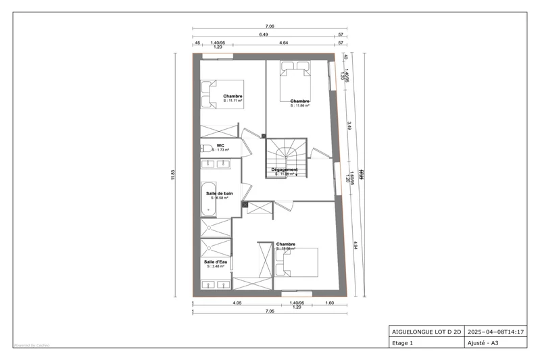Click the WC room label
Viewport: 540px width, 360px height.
tap(220, 146)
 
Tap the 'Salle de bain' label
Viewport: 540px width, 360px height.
tap(220, 193)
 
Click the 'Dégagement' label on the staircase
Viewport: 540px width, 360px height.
tap(285, 170)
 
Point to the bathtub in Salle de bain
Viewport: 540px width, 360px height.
tap(208, 199)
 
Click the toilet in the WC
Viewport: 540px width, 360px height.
tap(205, 148)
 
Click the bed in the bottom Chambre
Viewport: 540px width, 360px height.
tap(297, 261)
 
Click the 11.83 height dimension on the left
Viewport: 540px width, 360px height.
tap(174, 174)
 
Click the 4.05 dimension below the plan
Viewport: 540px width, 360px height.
tap(237, 303)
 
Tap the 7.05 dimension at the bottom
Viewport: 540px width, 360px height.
tap(270, 311)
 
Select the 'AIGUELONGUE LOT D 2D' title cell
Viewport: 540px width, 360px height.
tap(427, 332)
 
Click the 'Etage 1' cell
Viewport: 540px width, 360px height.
tap(403, 342)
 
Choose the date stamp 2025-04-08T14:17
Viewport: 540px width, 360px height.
tap(495, 332)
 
